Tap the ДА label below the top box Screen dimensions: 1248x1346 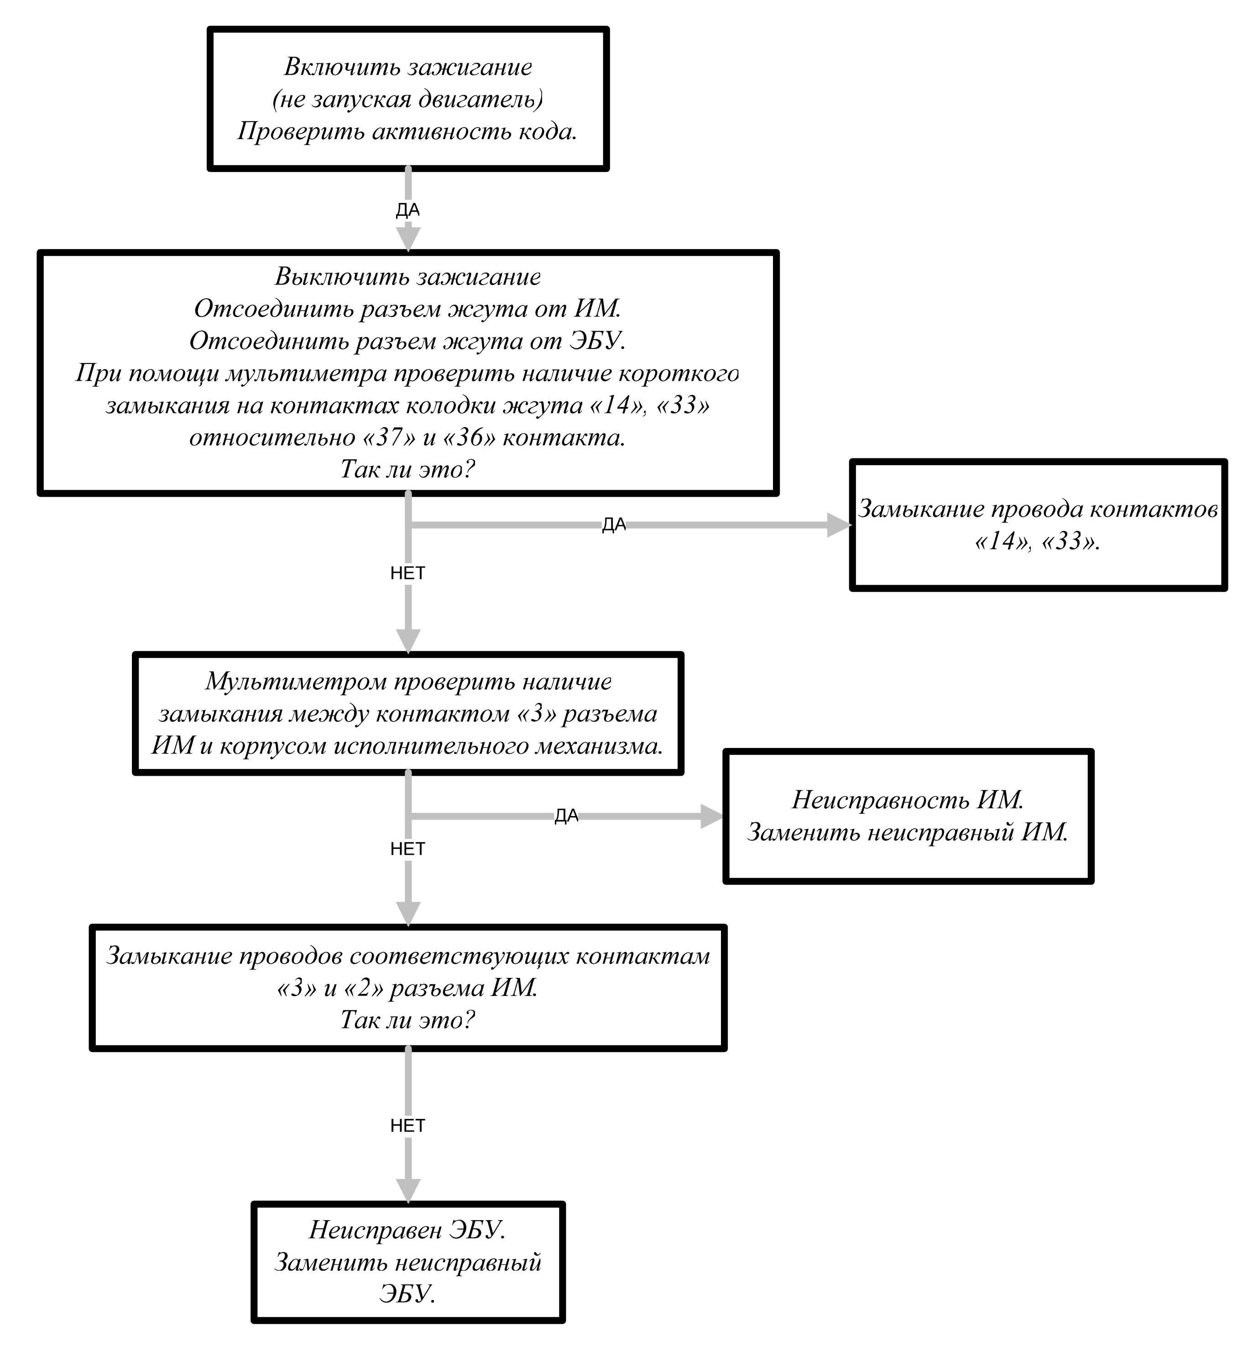(x=408, y=210)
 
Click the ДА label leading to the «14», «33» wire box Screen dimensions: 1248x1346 (x=614, y=525)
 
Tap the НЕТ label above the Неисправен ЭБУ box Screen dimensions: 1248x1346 (x=408, y=1125)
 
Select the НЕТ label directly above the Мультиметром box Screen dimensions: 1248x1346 (x=408, y=573)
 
